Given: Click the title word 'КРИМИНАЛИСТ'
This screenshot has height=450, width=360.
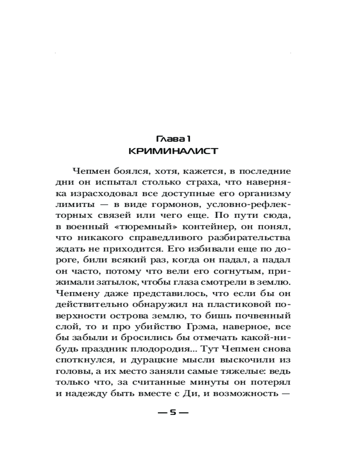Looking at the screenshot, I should pos(173,151).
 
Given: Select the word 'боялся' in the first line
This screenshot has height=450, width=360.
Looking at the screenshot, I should pos(124,172).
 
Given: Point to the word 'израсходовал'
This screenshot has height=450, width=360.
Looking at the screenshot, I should pos(99,193).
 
